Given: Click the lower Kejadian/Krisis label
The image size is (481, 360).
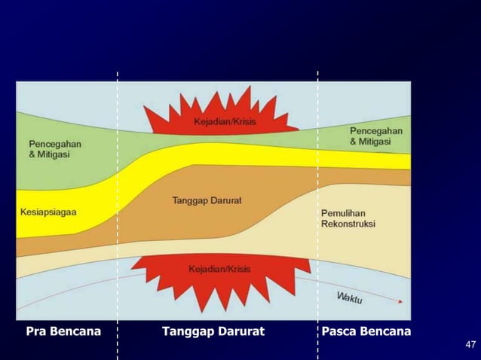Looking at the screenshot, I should [x=219, y=269].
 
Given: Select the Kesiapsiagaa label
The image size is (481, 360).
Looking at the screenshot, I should [x=48, y=212].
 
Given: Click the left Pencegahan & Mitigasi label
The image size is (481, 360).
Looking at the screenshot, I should [x=55, y=148].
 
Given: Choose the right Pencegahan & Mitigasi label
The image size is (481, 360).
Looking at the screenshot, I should [x=375, y=136].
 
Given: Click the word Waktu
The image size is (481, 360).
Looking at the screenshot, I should [x=349, y=297].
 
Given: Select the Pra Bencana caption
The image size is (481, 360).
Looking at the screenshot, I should [x=63, y=331].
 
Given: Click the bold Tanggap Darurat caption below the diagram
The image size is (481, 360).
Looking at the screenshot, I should [x=213, y=331].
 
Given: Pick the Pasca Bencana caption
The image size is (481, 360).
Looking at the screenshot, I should [x=366, y=331].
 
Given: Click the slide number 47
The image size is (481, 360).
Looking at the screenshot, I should [x=470, y=345].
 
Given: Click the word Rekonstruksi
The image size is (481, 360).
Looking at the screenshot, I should [x=348, y=224].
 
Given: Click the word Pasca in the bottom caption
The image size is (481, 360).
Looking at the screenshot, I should [x=339, y=331].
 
